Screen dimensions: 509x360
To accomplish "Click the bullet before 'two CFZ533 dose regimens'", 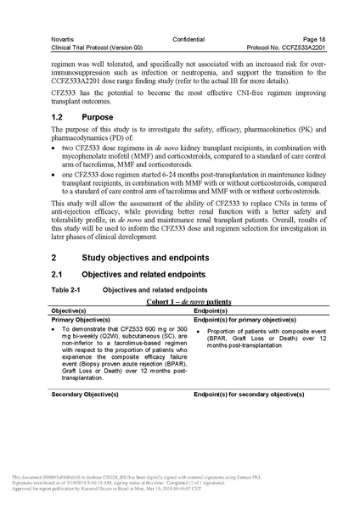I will (x=54, y=149).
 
